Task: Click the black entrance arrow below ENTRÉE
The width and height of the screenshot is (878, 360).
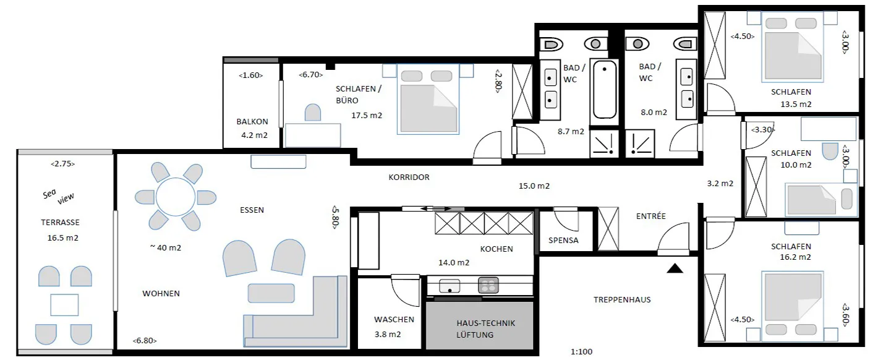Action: coord(675,268)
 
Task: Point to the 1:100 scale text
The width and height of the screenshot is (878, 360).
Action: coord(582,352)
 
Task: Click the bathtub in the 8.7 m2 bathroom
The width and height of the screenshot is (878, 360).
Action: coord(604,90)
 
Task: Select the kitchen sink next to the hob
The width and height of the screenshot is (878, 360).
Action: coord(450,285)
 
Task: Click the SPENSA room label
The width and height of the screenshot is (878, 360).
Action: coord(563,240)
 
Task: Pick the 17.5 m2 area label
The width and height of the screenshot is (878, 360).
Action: coord(367,115)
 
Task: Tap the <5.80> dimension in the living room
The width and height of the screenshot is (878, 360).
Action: coord(335,217)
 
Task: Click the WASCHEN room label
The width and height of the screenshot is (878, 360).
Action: coord(394,320)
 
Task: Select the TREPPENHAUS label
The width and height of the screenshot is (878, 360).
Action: coord(621,299)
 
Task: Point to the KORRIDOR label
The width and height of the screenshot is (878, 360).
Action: coord(409,177)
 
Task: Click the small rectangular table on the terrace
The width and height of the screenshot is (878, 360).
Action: coord(64,305)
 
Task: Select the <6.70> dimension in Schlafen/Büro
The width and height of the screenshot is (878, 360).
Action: coord(311,75)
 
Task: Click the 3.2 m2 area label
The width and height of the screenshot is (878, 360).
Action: coord(720,183)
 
